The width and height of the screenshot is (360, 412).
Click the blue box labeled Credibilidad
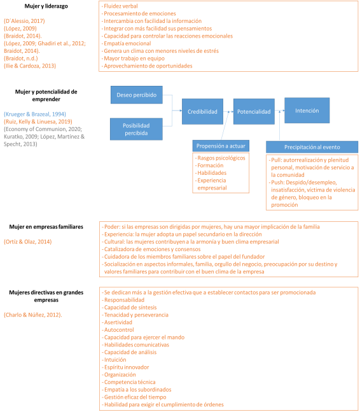[x=202, y=111]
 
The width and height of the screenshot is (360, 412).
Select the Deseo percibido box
[x=136, y=95]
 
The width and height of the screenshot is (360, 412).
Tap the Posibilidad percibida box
[x=136, y=129]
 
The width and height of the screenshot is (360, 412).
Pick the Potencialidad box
[x=254, y=111]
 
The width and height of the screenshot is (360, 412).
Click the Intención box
[x=307, y=111]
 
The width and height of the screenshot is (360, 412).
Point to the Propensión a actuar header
[x=221, y=146]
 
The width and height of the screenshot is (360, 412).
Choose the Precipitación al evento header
[x=312, y=147]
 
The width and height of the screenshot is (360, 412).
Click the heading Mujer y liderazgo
[x=46, y=6]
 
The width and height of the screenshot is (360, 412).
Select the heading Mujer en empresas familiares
[x=46, y=227]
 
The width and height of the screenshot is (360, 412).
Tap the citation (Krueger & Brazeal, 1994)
[x=35, y=114]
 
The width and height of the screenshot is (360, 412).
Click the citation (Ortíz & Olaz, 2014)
[x=27, y=242]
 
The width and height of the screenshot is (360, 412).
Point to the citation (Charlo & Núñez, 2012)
[x=33, y=315]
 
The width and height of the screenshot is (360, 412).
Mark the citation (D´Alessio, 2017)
[x=24, y=21]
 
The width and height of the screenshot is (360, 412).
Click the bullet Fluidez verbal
[x=120, y=6]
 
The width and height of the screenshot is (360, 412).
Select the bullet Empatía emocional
[x=126, y=43]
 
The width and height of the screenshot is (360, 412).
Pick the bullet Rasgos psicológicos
[x=220, y=158]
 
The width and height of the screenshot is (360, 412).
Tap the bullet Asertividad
[x=117, y=322]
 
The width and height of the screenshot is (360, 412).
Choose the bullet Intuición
[x=114, y=359]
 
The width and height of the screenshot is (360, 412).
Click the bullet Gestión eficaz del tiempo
[x=134, y=397]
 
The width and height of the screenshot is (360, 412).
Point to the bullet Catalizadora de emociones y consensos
[x=151, y=249]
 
